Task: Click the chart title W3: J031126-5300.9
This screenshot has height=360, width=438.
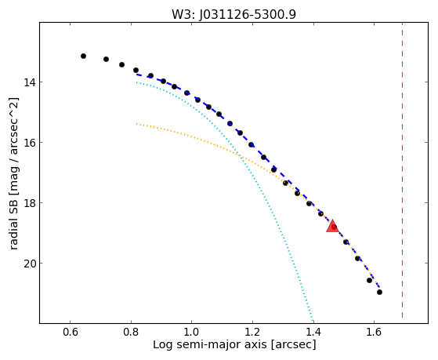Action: [233, 14]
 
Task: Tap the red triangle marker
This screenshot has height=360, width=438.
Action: [332, 227]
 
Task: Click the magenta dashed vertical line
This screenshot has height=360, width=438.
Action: [402, 170]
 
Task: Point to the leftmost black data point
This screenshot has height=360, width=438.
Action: [83, 56]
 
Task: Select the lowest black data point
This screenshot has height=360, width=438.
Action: [379, 292]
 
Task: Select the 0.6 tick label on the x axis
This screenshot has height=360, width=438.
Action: [70, 332]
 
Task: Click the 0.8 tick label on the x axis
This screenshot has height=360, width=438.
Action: [131, 332]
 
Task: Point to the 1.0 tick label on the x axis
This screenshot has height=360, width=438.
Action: [192, 332]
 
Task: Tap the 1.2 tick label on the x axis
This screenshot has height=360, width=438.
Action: [252, 332]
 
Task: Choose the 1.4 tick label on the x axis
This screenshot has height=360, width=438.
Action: [313, 332]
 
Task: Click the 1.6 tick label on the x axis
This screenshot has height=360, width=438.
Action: [374, 332]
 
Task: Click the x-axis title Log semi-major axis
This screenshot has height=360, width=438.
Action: [209, 345]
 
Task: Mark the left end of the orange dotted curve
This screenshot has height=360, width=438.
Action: [136, 124]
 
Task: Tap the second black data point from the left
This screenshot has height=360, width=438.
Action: [106, 59]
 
